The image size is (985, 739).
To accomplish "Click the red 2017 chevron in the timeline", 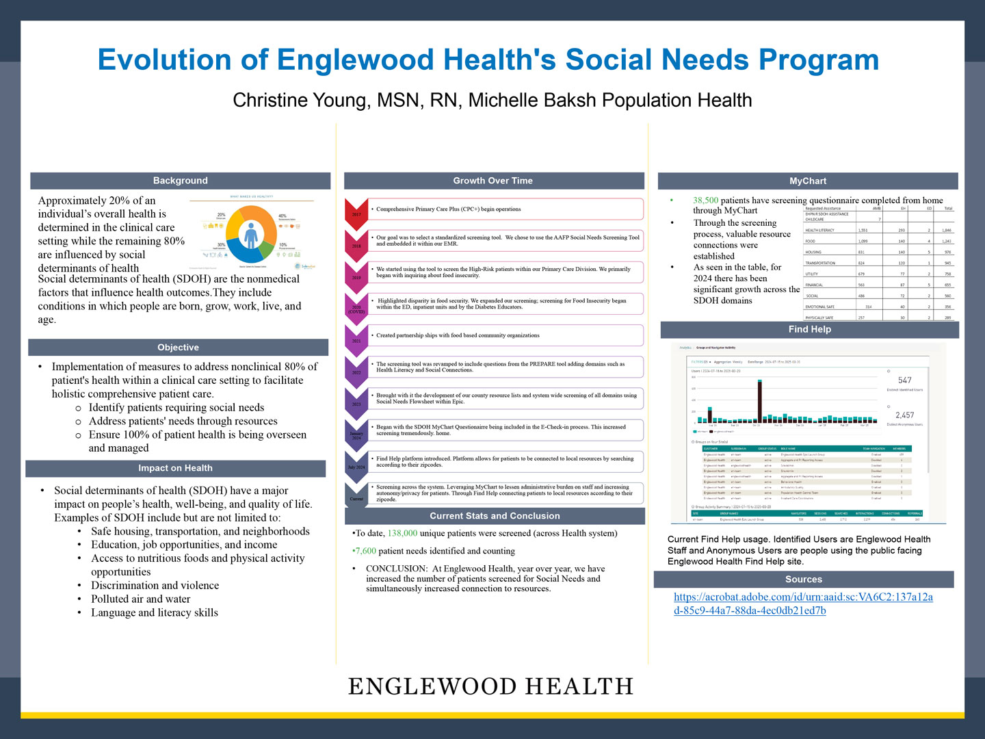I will click(x=356, y=212).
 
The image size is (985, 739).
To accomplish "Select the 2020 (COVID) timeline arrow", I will click(x=356, y=307).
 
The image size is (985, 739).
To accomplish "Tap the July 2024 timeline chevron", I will click(x=356, y=465).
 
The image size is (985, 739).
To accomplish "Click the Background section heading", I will click(x=180, y=181).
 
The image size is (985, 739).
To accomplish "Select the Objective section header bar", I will click(x=178, y=348).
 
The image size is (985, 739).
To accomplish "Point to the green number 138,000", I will click(x=402, y=533).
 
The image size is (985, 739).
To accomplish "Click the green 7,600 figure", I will click(x=365, y=551).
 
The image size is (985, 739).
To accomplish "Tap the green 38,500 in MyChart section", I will click(x=705, y=200).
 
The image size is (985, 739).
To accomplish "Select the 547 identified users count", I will click(x=904, y=380).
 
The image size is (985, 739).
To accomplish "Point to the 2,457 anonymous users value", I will click(x=904, y=415).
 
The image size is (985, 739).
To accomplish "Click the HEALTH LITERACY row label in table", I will click(x=819, y=231).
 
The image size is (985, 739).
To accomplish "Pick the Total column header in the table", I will click(x=948, y=209).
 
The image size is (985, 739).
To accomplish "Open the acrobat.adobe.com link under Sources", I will click(x=803, y=604).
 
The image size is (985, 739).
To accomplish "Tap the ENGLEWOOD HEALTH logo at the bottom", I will click(x=491, y=686).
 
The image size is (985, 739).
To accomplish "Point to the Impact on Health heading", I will click(x=175, y=468).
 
